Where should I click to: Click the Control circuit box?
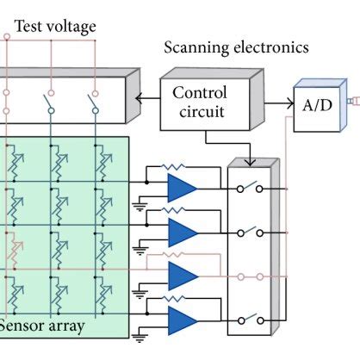pos(199,102)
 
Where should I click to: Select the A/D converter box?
pos(311,109)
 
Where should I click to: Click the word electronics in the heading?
pos(274,47)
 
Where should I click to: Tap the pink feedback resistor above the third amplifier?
pos(177,256)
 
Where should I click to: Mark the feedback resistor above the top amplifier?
pos(177,166)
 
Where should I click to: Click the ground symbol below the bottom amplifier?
pos(139,338)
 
